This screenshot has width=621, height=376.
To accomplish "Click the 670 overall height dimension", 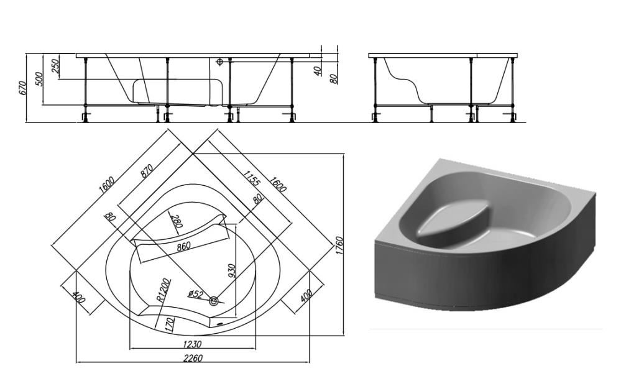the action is click(x=22, y=88).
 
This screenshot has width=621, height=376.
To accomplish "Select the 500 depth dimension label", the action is click(x=39, y=80).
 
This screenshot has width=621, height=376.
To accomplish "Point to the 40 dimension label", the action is click(x=318, y=71).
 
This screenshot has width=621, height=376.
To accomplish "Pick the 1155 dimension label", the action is click(x=252, y=178).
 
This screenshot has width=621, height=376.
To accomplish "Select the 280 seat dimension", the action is click(x=176, y=221).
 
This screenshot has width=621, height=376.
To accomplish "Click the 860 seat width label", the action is click(x=183, y=246).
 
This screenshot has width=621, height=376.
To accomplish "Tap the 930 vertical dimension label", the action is click(x=232, y=271).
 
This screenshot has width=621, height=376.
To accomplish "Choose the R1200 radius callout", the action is click(x=163, y=290).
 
